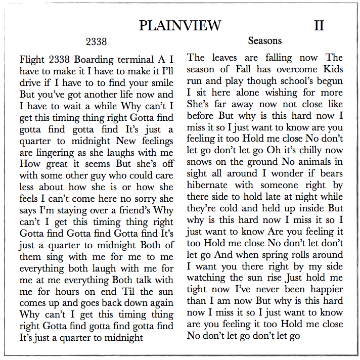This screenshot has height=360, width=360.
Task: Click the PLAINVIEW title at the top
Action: [180, 25]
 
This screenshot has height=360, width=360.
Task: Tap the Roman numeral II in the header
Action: [319, 25]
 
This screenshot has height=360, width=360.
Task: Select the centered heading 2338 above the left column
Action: [96, 41]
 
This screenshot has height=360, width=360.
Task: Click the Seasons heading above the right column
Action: [265, 40]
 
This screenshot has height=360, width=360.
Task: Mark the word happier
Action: [322, 290]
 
